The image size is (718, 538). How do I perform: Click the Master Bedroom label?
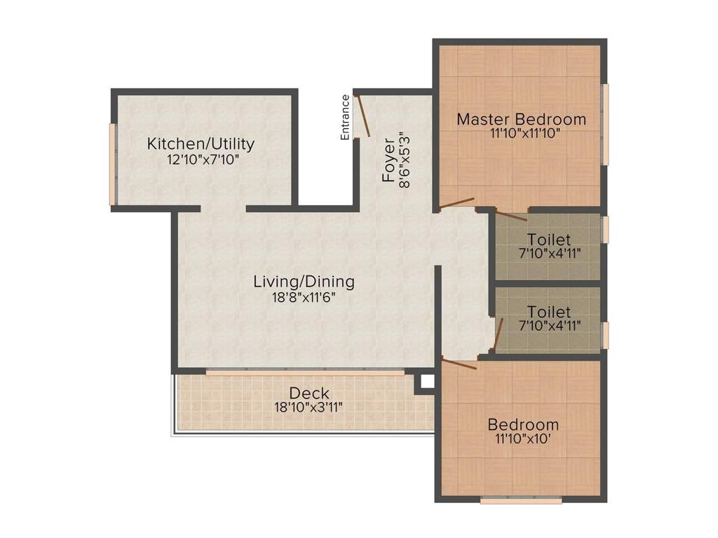coord(521,118)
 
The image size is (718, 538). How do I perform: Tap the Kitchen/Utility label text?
coord(201,144)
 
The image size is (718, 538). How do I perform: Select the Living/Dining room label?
coord(304,282)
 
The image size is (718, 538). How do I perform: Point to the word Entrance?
coord(345,117)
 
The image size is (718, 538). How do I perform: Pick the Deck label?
coord(309,393)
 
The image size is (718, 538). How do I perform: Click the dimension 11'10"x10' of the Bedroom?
coord(523,439)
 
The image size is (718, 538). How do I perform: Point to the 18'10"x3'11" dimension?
coord(309,406)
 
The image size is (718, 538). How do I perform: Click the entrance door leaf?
coord(363,116)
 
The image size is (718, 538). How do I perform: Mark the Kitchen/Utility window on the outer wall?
coord(112,165)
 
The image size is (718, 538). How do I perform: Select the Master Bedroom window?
coord(605,124)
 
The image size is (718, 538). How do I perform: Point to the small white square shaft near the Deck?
coord(426,382)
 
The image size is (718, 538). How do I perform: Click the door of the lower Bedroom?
coord(459,363)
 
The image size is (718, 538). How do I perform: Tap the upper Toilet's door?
coord(511,215)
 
